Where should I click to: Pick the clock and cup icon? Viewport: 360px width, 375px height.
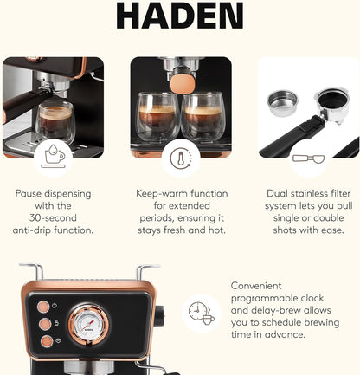pos(201,312)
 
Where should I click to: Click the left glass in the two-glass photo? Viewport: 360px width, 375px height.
pos(157,118)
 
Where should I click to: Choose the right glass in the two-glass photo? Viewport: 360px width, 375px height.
pos(205,118)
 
